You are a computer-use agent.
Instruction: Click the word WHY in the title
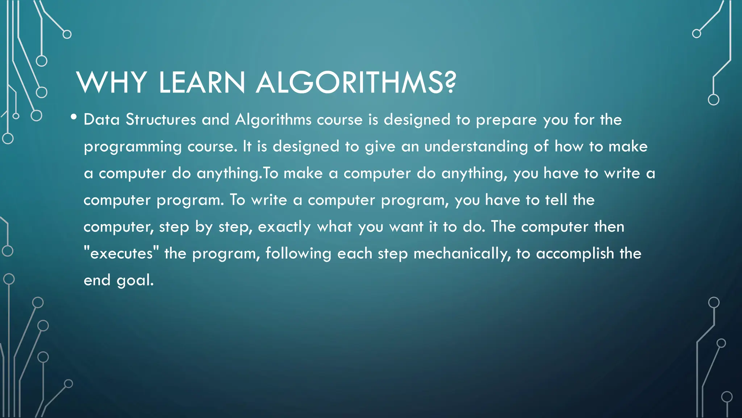click(x=111, y=82)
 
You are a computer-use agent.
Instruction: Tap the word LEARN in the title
click(x=202, y=82)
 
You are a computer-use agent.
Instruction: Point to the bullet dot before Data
click(x=74, y=117)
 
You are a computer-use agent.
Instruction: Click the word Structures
click(x=161, y=119)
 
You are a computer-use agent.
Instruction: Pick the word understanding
click(x=476, y=147)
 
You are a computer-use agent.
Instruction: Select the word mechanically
click(x=462, y=254)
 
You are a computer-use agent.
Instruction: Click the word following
click(x=298, y=254)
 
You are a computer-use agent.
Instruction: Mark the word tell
click(x=556, y=200)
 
